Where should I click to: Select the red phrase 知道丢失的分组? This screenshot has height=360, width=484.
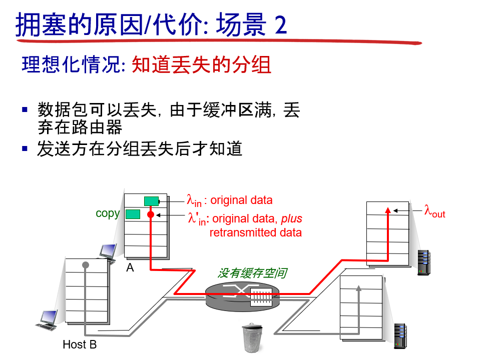tap(201, 65)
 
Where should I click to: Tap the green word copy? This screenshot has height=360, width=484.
tap(108, 213)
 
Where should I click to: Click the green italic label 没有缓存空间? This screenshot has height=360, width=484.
tap(252, 273)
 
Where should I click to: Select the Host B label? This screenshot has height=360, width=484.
tap(80, 344)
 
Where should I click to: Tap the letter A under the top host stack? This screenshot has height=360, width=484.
tap(130, 267)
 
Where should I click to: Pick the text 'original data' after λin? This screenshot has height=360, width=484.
tap(241, 200)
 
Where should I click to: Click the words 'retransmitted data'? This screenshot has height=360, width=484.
tap(255, 232)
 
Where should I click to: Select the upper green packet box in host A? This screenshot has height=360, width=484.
tap(151, 201)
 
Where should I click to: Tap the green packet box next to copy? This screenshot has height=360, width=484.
tap(133, 214)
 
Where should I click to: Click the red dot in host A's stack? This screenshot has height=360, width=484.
tap(150, 214)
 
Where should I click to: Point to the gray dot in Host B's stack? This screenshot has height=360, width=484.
tap(86, 264)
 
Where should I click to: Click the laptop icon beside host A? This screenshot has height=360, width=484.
tap(107, 251)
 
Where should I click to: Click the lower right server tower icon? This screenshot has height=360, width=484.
tap(399, 336)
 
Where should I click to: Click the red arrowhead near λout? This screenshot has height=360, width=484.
tap(387, 209)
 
